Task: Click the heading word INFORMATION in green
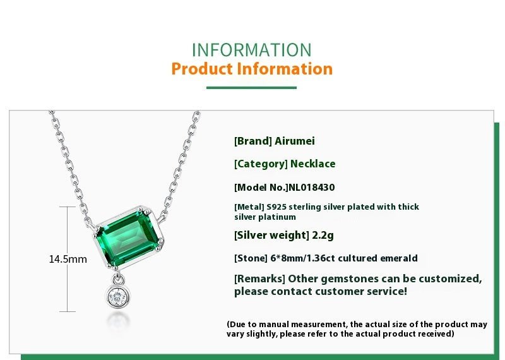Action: tap(251, 50)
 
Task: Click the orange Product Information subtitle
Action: tap(252, 69)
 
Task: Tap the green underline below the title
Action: tap(251, 87)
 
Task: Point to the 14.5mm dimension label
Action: tap(68, 259)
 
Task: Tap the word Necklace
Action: tap(312, 164)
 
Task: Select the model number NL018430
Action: tap(312, 188)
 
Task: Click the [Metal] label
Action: tap(249, 207)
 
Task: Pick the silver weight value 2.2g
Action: tap(323, 236)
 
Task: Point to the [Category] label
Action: tap(261, 164)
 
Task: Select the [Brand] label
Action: tap(253, 141)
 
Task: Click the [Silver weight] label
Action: tap(271, 236)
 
